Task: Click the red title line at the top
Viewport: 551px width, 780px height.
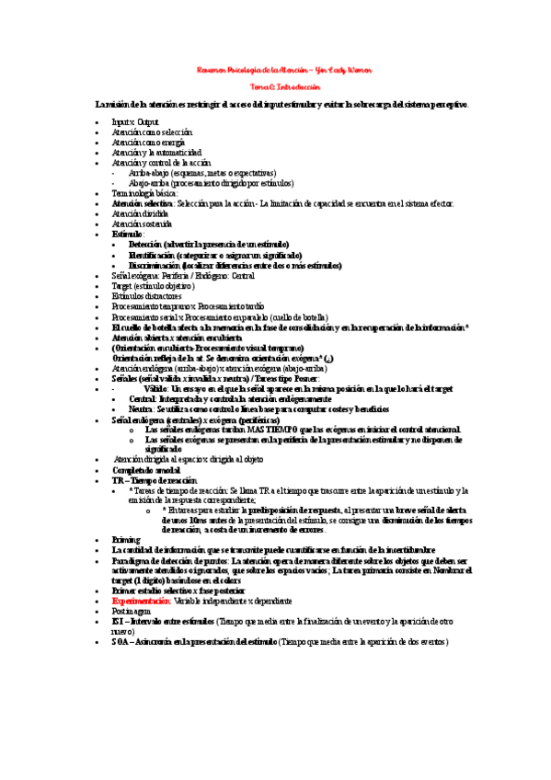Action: [x=284, y=70]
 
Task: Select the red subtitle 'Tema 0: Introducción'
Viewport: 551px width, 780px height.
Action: [x=284, y=86]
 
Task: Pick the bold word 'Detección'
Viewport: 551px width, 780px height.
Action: [x=148, y=243]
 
